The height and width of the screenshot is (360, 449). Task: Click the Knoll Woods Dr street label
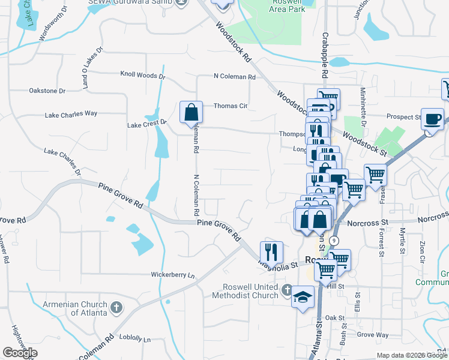[142, 76]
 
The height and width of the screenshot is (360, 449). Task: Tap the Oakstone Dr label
[47, 91]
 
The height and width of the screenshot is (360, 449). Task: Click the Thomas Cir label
[231, 106]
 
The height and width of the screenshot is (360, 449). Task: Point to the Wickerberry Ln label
[173, 275]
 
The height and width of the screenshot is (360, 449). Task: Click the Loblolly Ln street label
[134, 339]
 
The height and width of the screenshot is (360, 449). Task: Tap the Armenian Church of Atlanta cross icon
[116, 308]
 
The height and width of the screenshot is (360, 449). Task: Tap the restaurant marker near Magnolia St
[271, 252]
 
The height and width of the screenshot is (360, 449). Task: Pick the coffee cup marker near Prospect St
[432, 119]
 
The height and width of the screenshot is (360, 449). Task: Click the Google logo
[20, 353]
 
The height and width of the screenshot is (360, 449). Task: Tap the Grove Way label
[372, 334]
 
